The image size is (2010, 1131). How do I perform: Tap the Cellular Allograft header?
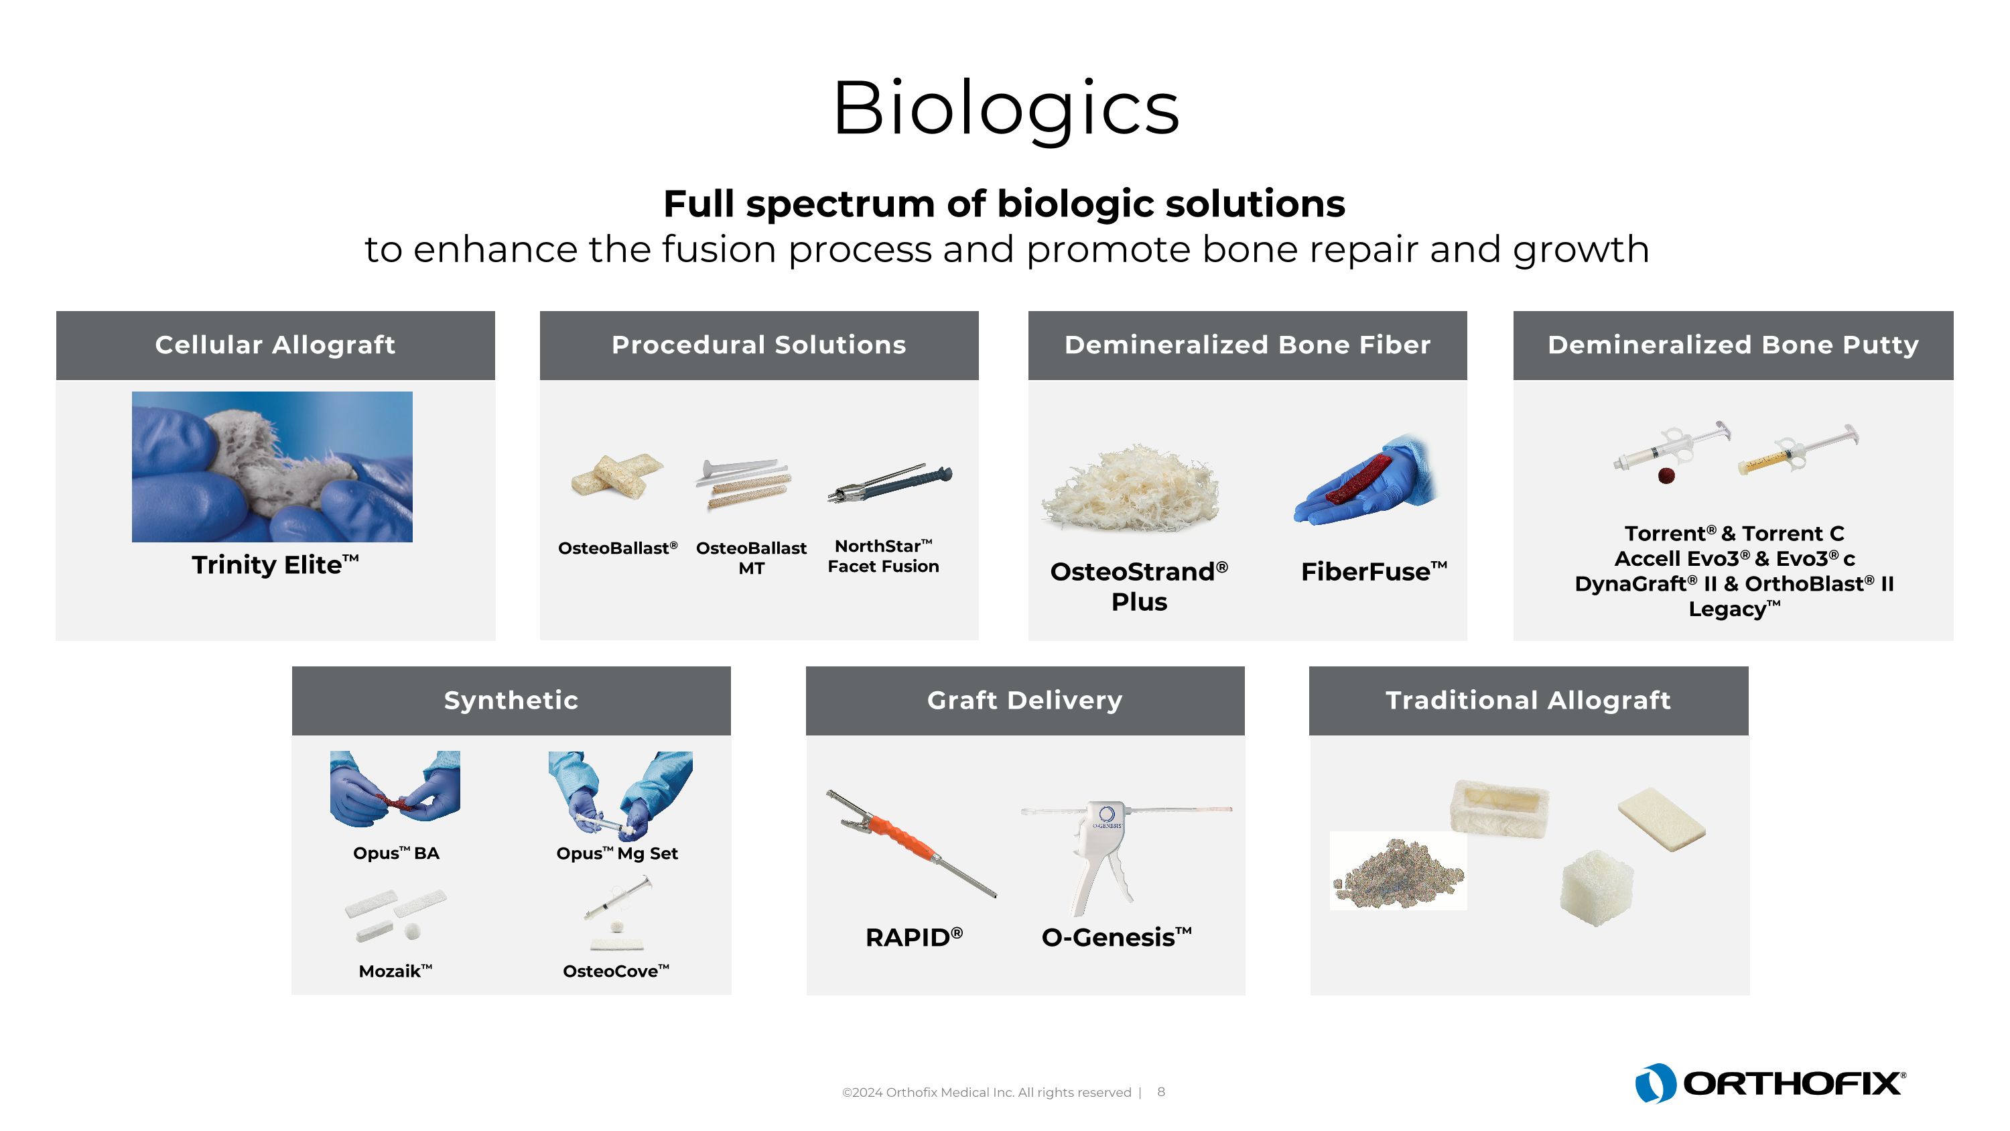click(275, 345)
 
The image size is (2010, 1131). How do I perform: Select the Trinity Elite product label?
click(275, 564)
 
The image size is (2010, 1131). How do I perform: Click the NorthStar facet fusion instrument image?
click(890, 484)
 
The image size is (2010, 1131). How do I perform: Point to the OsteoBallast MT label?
click(750, 557)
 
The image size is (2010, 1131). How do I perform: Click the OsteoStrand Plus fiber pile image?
click(1132, 488)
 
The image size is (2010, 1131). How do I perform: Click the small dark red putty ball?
click(1666, 475)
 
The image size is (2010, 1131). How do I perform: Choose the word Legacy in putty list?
click(1726, 609)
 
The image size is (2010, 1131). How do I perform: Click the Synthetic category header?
click(511, 700)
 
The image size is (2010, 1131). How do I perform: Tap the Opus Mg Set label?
click(616, 853)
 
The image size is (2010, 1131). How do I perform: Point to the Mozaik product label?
click(395, 971)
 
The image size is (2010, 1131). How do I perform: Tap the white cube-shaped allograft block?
click(1596, 888)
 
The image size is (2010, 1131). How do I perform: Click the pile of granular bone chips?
click(1397, 870)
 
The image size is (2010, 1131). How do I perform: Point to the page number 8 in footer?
click(1161, 1092)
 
